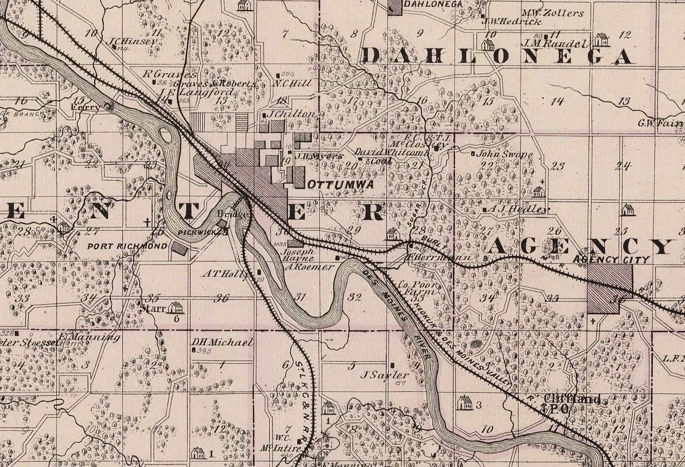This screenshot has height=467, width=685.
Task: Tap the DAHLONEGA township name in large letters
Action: coord(497,56)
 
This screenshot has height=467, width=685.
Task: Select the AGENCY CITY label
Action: coord(611,260)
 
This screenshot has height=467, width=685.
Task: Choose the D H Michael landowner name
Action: coord(222,342)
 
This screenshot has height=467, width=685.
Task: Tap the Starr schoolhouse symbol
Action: coord(175,307)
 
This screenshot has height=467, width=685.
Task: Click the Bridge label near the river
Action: coord(233,215)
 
